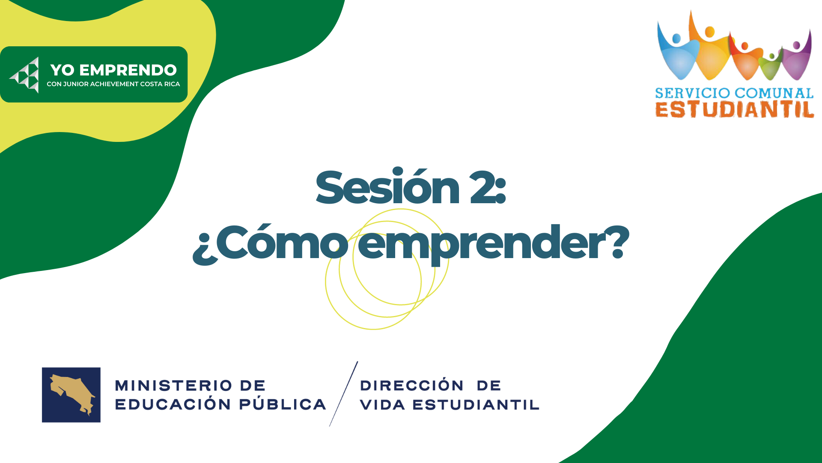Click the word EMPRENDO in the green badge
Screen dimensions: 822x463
(x=128, y=70)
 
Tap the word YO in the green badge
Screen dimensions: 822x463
(x=63, y=70)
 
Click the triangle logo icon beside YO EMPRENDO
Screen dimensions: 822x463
(x=25, y=75)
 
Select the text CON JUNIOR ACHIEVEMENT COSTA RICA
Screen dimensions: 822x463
(x=113, y=84)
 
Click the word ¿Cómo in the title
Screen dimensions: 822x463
(x=271, y=243)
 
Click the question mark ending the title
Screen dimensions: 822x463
(x=618, y=242)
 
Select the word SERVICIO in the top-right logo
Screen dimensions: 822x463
(x=693, y=93)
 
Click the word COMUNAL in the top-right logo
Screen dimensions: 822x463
(x=774, y=93)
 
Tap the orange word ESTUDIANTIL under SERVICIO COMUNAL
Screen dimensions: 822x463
(x=735, y=109)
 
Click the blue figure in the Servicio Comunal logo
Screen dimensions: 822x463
(x=678, y=54)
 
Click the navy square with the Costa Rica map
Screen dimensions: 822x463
(x=71, y=395)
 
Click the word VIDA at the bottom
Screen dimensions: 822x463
(x=382, y=405)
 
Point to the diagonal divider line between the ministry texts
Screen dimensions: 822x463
(x=343, y=394)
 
